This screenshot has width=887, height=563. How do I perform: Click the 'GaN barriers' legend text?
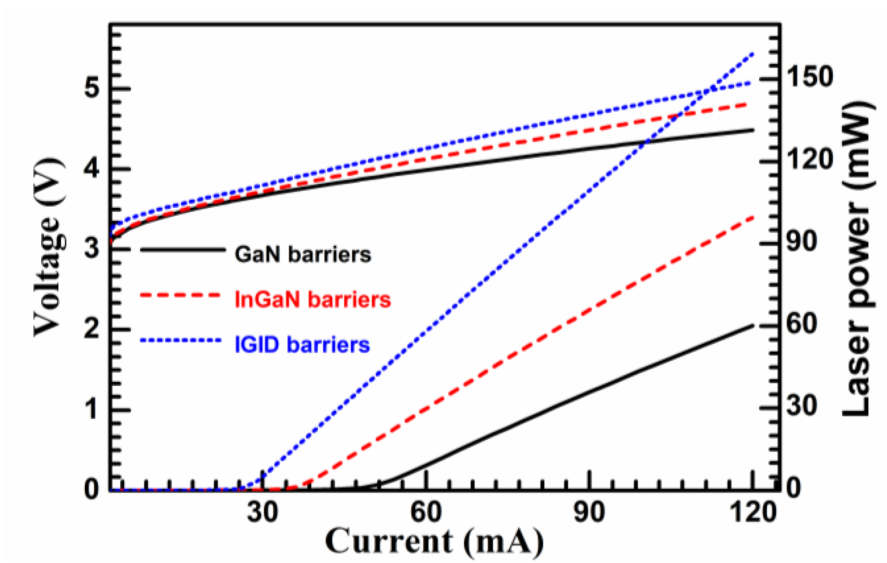coord(303,254)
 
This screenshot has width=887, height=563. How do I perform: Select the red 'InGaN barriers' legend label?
coord(312,300)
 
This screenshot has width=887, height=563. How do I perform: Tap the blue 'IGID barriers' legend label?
coord(302,345)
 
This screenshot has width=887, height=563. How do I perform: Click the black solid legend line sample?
coord(182,250)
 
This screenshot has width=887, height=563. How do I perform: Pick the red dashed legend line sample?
coord(180,295)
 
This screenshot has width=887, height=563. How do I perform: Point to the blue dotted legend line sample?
coord(180,340)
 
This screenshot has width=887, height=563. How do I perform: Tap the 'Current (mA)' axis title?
coord(434,541)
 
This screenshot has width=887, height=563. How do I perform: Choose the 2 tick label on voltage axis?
coord(92,329)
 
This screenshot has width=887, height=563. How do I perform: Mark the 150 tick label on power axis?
coord(810,77)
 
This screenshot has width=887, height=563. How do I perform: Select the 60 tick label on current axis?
coord(426,512)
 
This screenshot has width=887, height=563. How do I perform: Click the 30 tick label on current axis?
coord(262,512)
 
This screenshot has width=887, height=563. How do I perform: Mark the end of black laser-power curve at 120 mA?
coord(753,325)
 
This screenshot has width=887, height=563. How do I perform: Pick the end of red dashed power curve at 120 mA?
coord(753,217)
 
